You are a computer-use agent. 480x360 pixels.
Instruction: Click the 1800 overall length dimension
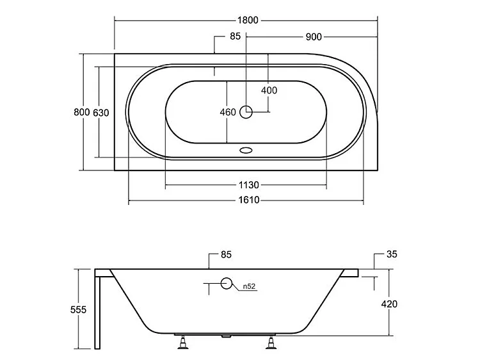coord(248,20)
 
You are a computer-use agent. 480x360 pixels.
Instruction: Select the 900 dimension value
coord(314,37)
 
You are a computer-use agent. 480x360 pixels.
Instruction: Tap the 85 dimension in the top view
coord(235,36)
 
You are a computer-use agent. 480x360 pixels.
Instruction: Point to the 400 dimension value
coord(269,90)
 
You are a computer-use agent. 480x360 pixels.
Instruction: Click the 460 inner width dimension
coord(228,112)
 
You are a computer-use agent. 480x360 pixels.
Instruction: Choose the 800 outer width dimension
coord(82,112)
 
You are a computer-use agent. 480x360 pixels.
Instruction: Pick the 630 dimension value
coord(100,113)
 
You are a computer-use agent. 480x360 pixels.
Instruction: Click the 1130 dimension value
coord(248,184)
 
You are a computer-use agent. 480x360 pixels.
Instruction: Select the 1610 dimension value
coord(249,200)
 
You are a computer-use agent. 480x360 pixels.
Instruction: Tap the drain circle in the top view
coord(246,112)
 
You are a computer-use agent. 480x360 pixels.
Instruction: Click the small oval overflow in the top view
coord(246,150)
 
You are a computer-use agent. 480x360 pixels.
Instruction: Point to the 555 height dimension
coord(78,309)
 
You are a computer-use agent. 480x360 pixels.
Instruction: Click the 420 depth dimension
coord(389,304)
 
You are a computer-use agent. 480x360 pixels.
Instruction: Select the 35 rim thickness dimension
coord(392,254)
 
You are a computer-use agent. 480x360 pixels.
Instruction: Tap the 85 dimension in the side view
coord(226,254)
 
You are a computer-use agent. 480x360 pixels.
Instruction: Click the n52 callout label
coord(249,286)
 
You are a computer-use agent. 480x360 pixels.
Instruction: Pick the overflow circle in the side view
coord(226,283)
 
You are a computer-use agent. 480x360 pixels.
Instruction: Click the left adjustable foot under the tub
coord(183,342)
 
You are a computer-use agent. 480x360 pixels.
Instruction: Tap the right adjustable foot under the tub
coord(271,343)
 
